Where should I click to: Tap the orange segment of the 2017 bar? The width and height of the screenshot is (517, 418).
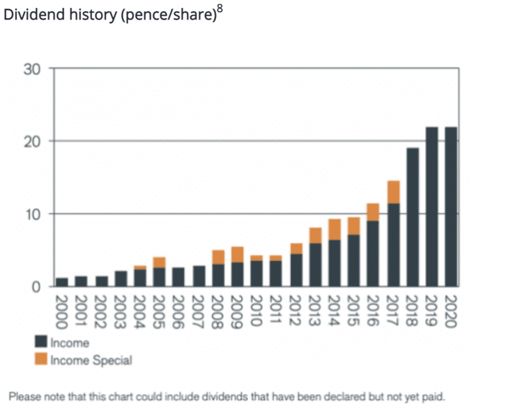(393, 192)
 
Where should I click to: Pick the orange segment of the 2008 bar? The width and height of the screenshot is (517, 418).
(218, 257)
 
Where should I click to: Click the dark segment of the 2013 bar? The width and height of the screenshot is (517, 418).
(315, 264)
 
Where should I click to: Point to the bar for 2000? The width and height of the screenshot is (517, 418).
(62, 282)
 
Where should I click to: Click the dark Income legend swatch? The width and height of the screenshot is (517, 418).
(41, 342)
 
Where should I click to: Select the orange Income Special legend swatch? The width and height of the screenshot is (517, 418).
(41, 359)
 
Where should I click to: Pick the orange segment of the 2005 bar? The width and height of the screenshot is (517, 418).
(159, 262)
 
